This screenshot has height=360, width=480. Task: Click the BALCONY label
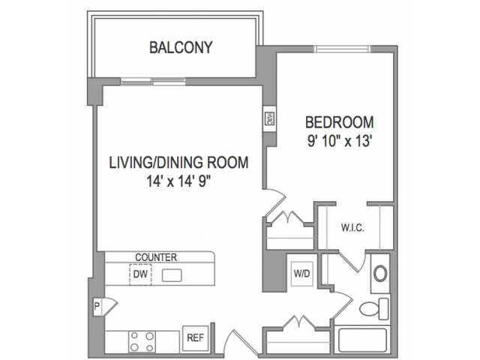[x=181, y=48]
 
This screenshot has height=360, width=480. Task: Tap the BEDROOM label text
[x=340, y=122]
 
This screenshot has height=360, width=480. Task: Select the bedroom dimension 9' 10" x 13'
[x=340, y=142]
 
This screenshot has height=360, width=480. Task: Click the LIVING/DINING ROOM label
[x=178, y=163]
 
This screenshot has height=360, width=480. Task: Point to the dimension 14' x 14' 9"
[x=179, y=181]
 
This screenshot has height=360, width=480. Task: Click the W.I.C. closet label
[x=352, y=228]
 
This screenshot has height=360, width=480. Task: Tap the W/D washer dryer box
[x=301, y=274]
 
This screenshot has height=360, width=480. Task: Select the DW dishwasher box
[x=140, y=274]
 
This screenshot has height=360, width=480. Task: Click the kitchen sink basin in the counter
[x=172, y=275]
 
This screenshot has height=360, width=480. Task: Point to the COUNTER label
[x=156, y=257]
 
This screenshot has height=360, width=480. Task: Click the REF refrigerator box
[x=196, y=338]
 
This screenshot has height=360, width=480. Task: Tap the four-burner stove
[x=142, y=341]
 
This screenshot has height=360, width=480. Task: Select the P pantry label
[x=97, y=306]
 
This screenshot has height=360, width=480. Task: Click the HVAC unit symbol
[x=270, y=118]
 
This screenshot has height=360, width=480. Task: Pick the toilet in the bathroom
[x=374, y=308]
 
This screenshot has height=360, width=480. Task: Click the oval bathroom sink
[x=380, y=274]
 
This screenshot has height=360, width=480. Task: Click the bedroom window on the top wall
[x=342, y=49]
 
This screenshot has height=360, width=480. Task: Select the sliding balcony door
[x=153, y=82]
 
